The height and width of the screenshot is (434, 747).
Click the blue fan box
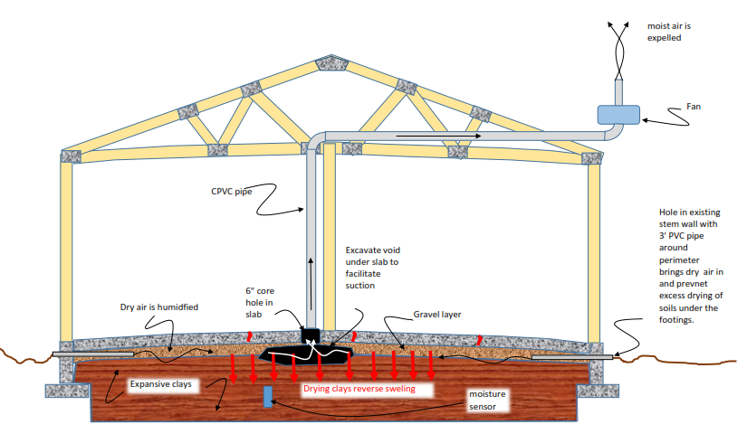click(x=618, y=115)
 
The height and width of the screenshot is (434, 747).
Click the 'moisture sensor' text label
click(x=488, y=401)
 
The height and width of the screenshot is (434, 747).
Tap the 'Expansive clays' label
click(x=161, y=384)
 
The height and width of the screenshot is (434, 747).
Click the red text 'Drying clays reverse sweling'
click(x=359, y=389)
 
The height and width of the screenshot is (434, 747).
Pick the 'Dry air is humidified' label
click(x=158, y=307)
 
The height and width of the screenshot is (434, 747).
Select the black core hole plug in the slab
click(x=313, y=335)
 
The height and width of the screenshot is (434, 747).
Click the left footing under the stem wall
click(x=65, y=391)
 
